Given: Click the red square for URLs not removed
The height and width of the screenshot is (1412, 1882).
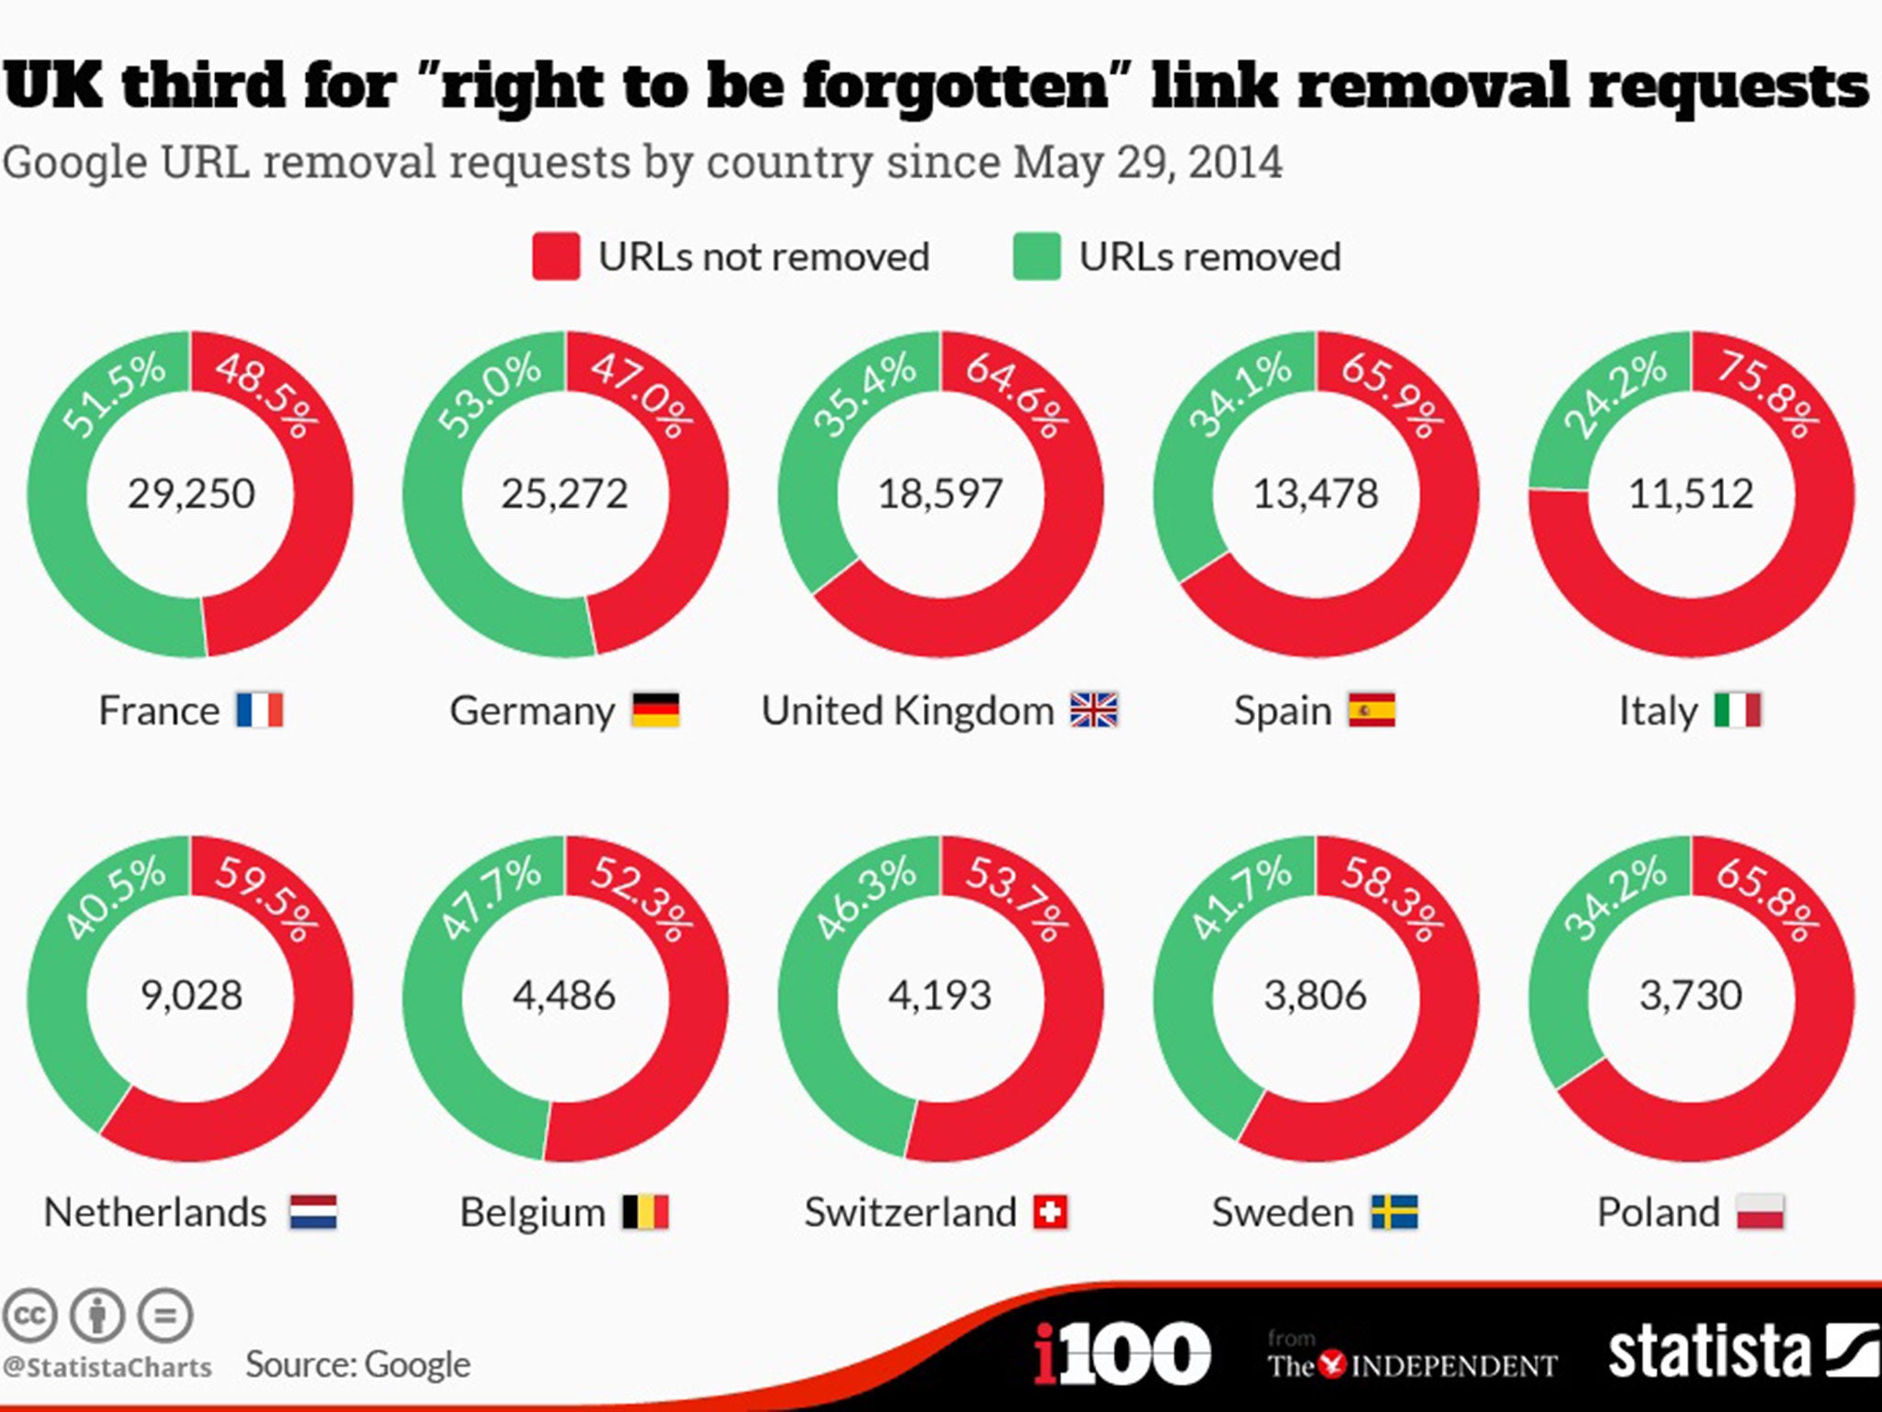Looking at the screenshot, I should point(556,256).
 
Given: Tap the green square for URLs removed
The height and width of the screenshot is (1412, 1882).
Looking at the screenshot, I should point(1037,256).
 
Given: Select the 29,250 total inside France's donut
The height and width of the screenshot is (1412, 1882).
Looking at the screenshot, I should point(191,494).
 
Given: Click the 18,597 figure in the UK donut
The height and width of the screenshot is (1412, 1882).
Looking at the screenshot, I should point(940,494).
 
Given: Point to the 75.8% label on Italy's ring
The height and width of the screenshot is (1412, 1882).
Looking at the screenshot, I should point(1767,394).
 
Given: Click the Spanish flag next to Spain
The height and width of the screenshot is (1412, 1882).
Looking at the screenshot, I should point(1371,710).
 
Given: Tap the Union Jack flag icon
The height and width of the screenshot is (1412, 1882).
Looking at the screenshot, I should point(1094,710).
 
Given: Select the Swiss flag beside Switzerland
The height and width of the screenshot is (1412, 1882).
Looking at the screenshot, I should point(1050,1212).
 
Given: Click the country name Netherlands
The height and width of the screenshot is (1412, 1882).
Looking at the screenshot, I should point(155,1213).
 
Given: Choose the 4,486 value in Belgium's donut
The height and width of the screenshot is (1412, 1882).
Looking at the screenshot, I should point(564,996).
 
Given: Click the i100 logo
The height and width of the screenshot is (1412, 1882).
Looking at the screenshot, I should point(1121,1353).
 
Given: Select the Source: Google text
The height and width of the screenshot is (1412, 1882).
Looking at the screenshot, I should point(357,1364).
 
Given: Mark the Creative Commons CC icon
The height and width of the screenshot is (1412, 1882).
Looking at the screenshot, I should point(29,1315).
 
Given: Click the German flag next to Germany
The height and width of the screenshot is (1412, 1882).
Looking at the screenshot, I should point(655,710).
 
